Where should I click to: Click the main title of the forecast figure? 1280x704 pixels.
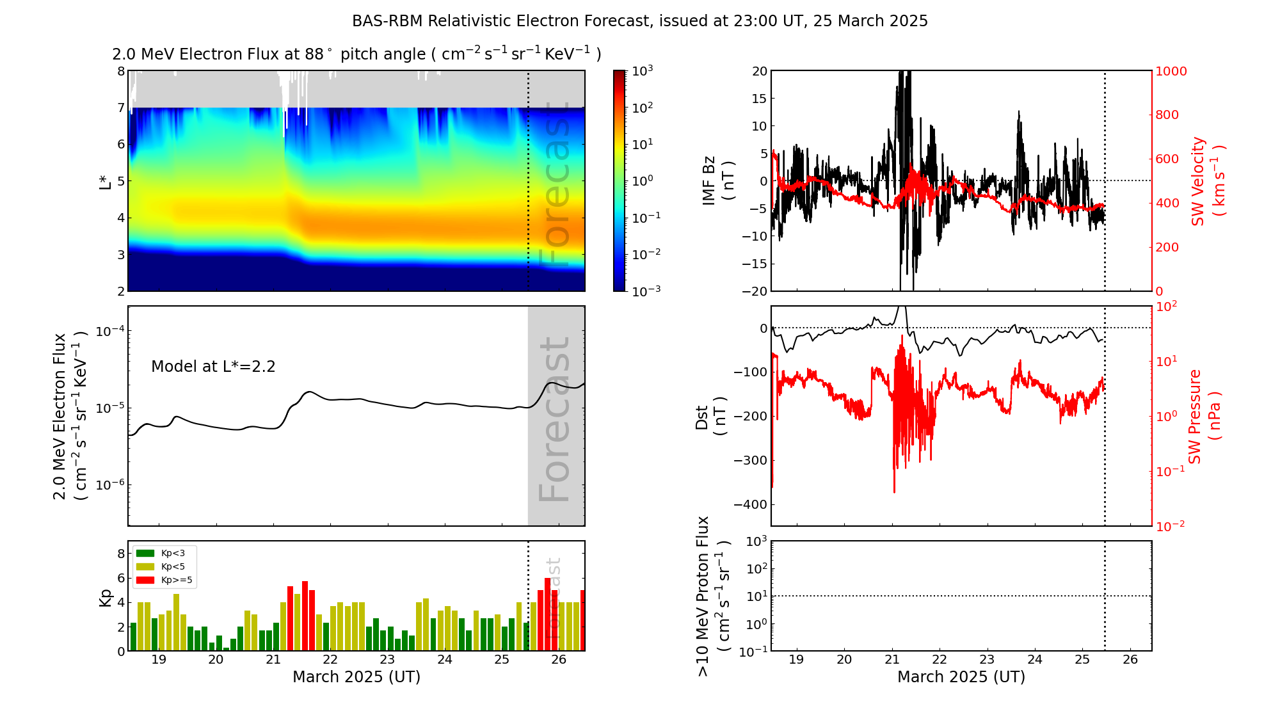pyautogui.click(x=639, y=21)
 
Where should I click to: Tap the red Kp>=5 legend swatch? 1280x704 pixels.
pyautogui.click(x=145, y=580)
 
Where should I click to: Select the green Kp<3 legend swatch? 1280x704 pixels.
pyautogui.click(x=145, y=553)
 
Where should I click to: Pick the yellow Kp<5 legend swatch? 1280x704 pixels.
pyautogui.click(x=145, y=566)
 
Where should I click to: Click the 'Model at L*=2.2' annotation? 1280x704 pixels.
pyautogui.click(x=213, y=367)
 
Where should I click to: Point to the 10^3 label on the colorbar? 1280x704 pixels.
pyautogui.click(x=642, y=71)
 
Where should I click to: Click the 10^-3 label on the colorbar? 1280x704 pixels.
pyautogui.click(x=646, y=291)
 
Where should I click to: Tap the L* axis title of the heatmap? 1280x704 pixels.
pyautogui.click(x=105, y=181)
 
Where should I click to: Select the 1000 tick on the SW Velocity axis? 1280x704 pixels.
pyautogui.click(x=1171, y=71)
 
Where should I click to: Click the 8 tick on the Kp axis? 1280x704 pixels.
pyautogui.click(x=121, y=554)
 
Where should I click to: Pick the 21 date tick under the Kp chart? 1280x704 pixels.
pyautogui.click(x=273, y=660)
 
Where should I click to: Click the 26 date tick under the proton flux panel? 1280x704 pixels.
pyautogui.click(x=1130, y=660)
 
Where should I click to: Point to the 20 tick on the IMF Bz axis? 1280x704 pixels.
pyautogui.click(x=759, y=71)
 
